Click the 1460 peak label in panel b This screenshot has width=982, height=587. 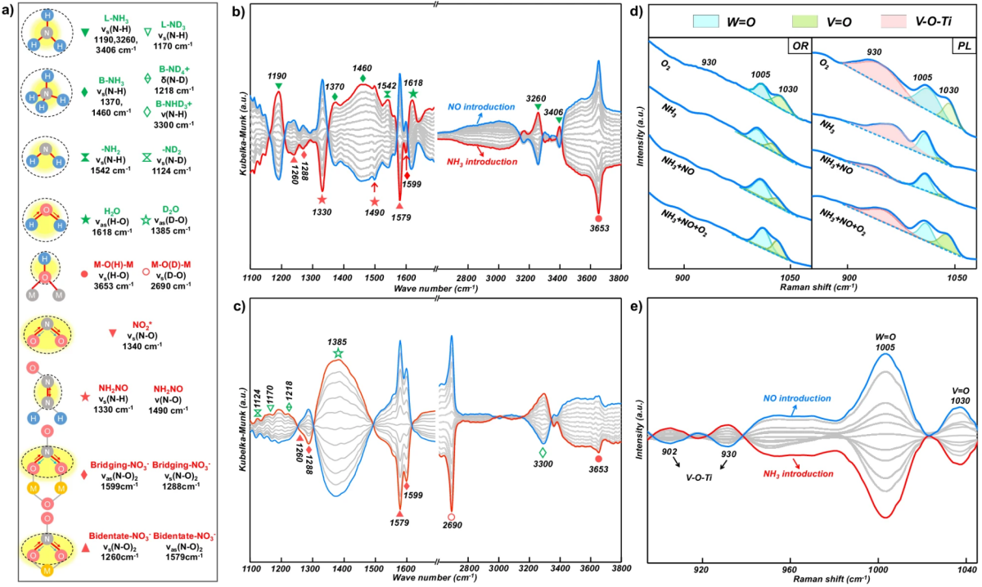point(363,68)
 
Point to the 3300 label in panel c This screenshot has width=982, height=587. point(542,464)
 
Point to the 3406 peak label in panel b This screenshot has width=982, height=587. point(560,107)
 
